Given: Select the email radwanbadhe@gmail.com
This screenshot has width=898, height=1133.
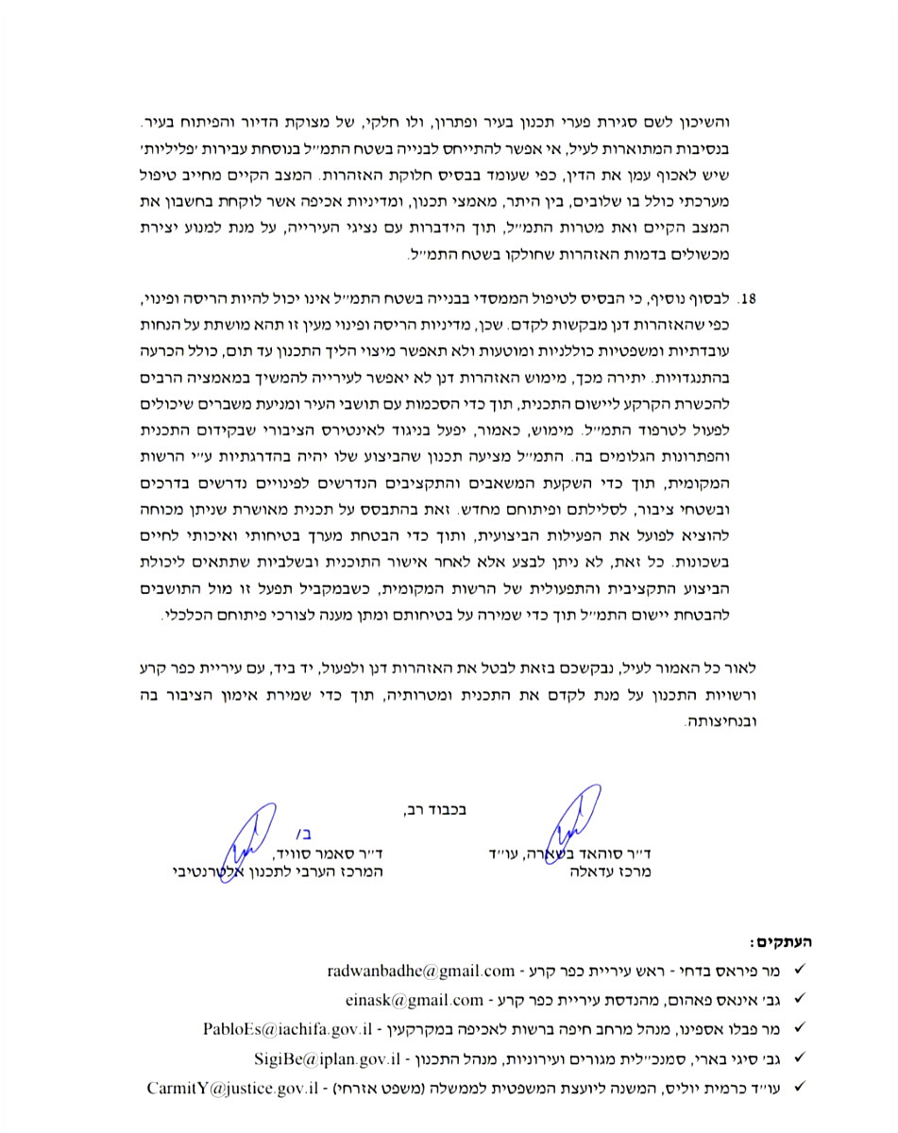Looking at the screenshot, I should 421,970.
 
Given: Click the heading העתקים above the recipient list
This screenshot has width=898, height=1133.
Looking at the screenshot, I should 780,941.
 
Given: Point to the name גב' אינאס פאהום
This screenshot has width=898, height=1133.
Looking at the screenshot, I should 736,999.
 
